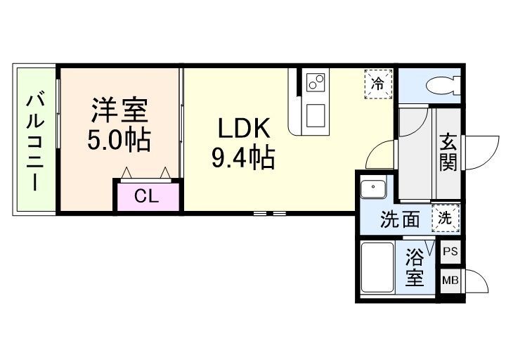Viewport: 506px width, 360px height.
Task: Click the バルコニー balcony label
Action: pos(35,141)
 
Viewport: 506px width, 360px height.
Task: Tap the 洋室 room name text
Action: pos(119,110)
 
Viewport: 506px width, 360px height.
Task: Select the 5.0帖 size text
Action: pos(119,140)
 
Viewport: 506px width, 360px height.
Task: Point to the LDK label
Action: pos(244,129)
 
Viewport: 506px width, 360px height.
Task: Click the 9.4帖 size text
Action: pos(243,157)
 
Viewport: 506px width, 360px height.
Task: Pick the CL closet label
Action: pos(146,196)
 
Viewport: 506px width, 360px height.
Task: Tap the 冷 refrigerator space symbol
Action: pos(379,84)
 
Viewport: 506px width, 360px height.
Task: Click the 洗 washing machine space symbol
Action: pos(446,219)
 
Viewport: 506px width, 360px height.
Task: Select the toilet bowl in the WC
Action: pos(442,86)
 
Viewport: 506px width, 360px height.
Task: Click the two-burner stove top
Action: pos(316,82)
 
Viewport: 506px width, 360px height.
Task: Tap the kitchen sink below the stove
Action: pos(316,115)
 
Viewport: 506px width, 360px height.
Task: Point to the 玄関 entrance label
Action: pos(448,153)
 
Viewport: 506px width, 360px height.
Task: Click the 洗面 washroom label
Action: pos(400,219)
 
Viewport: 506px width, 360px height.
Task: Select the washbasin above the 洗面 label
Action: pos(373,189)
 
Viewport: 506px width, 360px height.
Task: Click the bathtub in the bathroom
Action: pos(377,268)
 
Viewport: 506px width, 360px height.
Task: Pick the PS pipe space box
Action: pos(450,252)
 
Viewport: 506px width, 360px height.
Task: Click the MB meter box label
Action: pos(450,281)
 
